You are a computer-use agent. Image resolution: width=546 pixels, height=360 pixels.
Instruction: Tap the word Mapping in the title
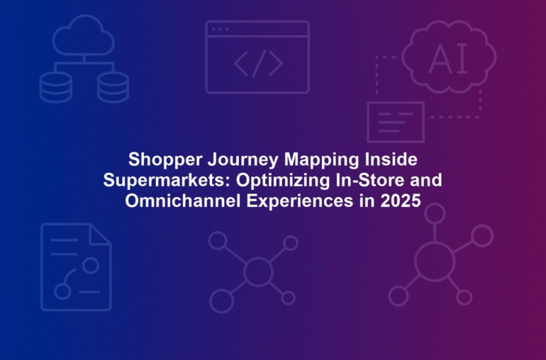click(321, 160)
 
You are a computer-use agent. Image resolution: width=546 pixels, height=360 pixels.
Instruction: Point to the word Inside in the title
click(391, 159)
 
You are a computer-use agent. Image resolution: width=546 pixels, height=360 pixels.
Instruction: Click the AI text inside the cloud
click(448, 59)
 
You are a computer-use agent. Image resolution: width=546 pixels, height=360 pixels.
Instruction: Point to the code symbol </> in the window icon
click(258, 63)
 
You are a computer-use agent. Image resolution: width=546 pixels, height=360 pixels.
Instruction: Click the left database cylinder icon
click(56, 87)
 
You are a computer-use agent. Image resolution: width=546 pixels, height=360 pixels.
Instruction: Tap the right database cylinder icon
click(113, 87)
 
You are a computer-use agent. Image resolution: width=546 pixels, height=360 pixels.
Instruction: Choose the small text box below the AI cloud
click(396, 122)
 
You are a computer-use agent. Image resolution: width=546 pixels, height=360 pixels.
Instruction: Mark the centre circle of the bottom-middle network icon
click(258, 271)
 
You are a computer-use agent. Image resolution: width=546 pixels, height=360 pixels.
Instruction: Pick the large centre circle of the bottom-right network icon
click(435, 261)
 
